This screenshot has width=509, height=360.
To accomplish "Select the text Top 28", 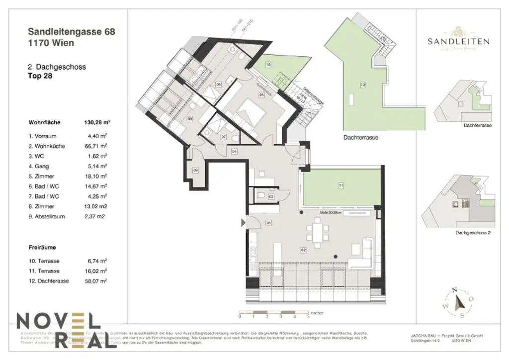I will point(40,76).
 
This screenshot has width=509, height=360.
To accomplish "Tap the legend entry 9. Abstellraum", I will point(49,216).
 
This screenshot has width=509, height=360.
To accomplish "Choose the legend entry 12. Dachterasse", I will point(49,281).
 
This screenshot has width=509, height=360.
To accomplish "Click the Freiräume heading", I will point(42,246).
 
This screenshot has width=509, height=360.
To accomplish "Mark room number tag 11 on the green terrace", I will point(341,186).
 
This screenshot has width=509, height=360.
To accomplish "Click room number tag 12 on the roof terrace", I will point(363,85).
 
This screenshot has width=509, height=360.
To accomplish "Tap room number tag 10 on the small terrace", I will point(268,65).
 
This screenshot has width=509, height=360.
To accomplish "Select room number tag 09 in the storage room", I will point(195,171).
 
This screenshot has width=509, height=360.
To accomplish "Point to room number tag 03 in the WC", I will point(271,197).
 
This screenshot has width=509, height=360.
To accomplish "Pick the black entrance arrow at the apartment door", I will point(244,223).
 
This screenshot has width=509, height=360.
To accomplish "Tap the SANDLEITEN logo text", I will point(458,42).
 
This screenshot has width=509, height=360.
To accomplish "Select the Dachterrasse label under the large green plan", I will point(360,138).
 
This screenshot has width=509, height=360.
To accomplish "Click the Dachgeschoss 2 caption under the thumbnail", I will point(473,233).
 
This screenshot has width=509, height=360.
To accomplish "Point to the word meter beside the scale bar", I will point(317,313).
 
